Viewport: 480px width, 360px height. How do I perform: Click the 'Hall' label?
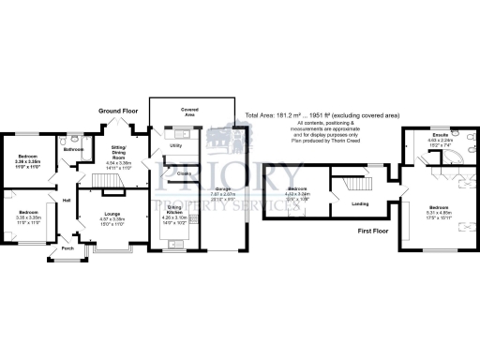67,200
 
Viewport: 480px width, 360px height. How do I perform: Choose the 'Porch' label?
67,248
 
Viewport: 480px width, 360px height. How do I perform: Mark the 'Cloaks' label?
184,172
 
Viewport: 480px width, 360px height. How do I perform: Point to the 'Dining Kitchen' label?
175,220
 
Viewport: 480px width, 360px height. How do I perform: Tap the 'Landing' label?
358,203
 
